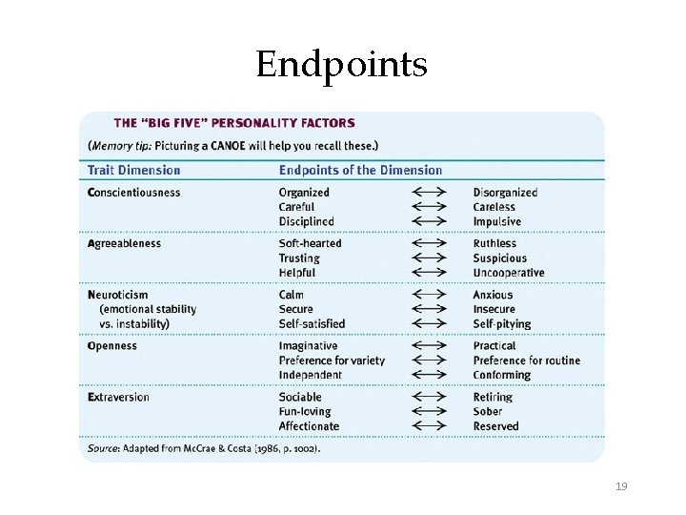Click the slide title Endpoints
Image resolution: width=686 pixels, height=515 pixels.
point(342,65)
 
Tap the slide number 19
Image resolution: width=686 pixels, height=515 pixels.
point(621,486)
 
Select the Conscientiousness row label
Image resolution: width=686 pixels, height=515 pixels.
point(133,193)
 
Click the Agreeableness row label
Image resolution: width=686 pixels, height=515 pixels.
point(124,243)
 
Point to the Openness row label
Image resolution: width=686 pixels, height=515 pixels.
point(111,346)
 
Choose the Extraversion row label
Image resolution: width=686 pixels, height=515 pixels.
point(118,397)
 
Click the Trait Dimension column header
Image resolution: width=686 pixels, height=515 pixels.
point(133,171)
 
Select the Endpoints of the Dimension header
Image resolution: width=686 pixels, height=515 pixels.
point(360,171)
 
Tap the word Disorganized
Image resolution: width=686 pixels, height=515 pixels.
point(505,193)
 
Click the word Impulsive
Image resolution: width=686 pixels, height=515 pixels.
point(496,221)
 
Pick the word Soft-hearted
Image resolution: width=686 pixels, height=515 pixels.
point(310,243)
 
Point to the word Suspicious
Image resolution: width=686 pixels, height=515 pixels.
point(499,258)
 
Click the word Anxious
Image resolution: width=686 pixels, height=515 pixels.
point(493,295)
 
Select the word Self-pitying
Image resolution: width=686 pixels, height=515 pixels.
point(502,323)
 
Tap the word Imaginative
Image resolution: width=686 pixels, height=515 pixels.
point(308,346)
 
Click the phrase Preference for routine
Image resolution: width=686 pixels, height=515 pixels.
point(526,360)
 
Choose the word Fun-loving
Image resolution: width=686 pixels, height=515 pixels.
point(305,412)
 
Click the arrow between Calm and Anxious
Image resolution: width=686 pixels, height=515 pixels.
point(429,295)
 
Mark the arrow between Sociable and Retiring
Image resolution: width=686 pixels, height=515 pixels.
point(429,397)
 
